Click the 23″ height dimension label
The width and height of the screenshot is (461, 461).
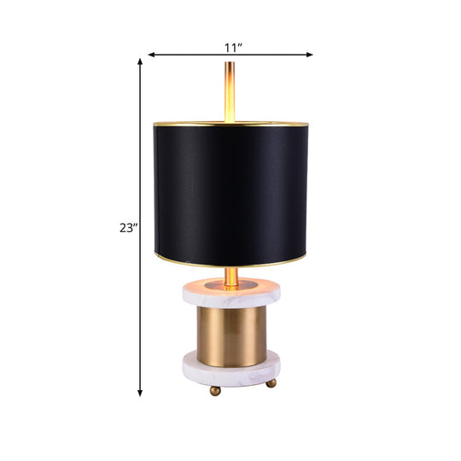coord(128,227)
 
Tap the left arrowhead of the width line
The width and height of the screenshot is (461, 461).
coord(151,55)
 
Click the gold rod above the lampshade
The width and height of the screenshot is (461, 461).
coord(230,94)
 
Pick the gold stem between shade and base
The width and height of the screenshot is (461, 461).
coord(230,275)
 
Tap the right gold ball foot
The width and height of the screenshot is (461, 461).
coord(271,383)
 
